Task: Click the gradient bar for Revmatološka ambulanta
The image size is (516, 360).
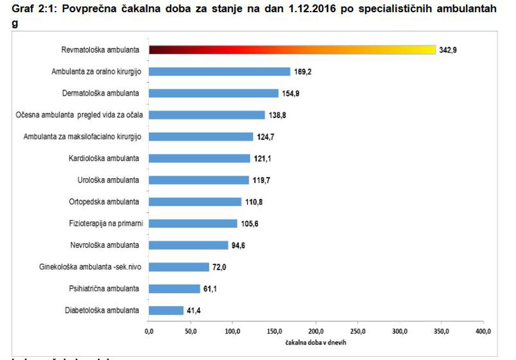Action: click(292, 50)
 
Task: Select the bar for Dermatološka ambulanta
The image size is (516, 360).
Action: click(214, 93)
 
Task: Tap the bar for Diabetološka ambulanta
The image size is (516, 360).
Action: click(166, 311)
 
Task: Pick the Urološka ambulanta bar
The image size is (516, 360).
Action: click(199, 180)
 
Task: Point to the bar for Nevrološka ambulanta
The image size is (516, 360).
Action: click(188, 245)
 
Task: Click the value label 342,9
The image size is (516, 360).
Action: click(448, 50)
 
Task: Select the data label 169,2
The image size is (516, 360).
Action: click(302, 72)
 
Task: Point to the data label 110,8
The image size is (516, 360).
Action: click(254, 202)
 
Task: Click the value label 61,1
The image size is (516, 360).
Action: click(211, 289)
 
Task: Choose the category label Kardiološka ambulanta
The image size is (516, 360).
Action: click(104, 158)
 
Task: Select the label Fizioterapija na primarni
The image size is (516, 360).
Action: click(103, 223)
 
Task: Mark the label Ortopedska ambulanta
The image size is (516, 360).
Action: click(104, 201)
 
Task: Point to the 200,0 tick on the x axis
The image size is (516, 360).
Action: click(316, 331)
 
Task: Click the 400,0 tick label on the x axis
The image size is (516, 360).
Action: click(483, 331)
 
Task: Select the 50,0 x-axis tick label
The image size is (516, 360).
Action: click(190, 331)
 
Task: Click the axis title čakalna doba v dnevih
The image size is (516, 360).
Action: click(316, 342)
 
